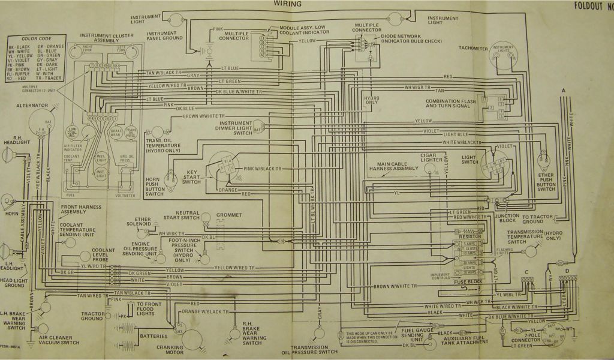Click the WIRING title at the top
coord(288,4)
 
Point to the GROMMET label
coord(230,215)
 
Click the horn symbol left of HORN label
coord(8,200)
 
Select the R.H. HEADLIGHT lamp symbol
coord(8,157)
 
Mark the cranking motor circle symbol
coord(192,339)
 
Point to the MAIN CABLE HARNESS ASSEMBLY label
coord(398,166)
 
